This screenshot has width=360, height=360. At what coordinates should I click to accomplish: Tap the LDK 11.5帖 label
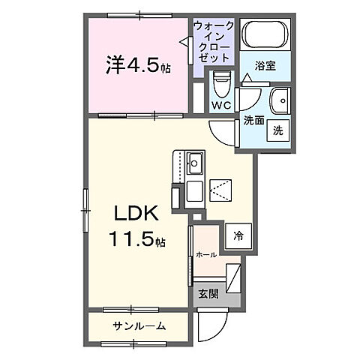[136, 227]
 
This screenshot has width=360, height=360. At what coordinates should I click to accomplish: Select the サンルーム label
[139, 325]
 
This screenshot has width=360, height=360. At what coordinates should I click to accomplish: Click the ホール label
[206, 255]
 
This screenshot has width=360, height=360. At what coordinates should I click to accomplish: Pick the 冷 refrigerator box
[237, 234]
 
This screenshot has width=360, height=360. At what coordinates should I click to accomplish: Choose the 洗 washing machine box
[277, 129]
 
